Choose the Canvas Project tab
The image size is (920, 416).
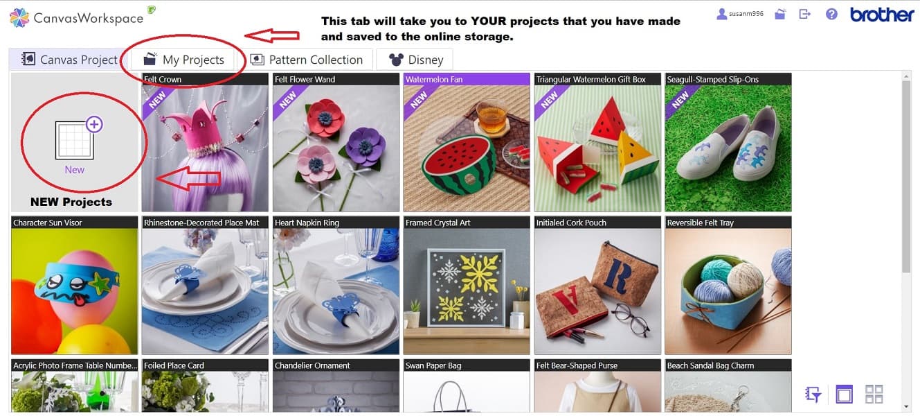[x=69, y=60]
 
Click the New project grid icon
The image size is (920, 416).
[x=75, y=139]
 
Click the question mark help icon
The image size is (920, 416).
[x=831, y=14]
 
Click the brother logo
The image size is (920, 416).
[x=881, y=15]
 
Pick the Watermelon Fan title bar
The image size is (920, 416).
[x=466, y=80]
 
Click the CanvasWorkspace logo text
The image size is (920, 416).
[x=89, y=18]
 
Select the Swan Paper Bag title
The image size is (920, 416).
[x=466, y=365]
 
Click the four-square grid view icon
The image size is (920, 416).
[x=874, y=394]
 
